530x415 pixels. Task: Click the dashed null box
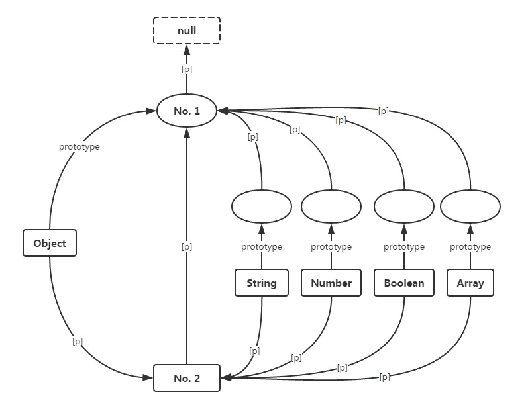(x=187, y=30)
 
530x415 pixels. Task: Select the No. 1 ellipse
(x=187, y=111)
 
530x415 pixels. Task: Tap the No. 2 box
(x=187, y=378)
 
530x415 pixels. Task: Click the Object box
(x=50, y=243)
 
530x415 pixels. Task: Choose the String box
(x=262, y=283)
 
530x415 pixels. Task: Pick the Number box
(x=331, y=283)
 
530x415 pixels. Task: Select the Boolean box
(x=404, y=283)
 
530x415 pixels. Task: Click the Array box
(x=470, y=283)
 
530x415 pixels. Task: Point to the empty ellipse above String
(x=262, y=207)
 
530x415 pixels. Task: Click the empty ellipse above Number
(x=331, y=207)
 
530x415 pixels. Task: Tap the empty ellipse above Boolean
(x=404, y=207)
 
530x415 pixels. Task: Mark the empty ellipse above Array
(x=470, y=207)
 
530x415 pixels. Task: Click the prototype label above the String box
(x=262, y=247)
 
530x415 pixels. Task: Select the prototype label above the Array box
(x=470, y=247)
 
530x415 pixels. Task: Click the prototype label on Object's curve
(x=79, y=147)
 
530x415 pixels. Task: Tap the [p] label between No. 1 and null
(x=187, y=69)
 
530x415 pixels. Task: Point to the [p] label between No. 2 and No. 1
(x=187, y=246)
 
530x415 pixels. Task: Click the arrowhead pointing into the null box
(x=187, y=50)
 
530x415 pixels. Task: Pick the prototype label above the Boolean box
(x=404, y=247)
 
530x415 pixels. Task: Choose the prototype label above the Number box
(x=331, y=247)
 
